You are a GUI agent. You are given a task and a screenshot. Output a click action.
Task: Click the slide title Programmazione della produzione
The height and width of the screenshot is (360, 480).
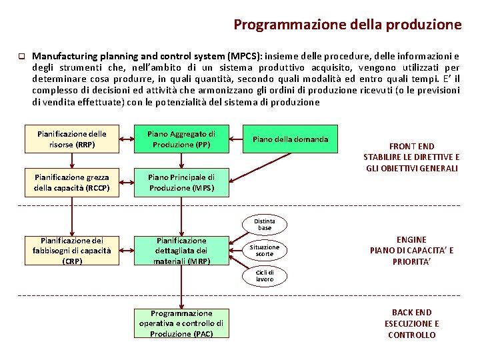(347, 25)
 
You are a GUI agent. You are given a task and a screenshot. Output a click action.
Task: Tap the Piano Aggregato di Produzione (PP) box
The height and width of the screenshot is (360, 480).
(181, 139)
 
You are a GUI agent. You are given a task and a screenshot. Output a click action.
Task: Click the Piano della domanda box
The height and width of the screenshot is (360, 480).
(290, 139)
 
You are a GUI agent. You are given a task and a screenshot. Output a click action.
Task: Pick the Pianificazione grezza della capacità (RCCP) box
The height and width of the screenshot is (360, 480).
(71, 183)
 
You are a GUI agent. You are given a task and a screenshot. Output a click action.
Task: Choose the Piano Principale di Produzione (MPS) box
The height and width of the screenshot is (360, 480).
(181, 183)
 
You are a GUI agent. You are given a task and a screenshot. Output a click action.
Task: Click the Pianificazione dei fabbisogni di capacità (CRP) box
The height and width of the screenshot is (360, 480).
(72, 251)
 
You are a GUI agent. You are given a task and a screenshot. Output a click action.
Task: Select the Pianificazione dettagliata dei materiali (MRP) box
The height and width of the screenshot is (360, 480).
(181, 251)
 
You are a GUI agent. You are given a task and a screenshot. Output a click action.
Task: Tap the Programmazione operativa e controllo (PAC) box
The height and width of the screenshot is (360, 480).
(181, 323)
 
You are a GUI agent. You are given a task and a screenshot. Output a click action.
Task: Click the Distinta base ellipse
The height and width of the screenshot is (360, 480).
(265, 224)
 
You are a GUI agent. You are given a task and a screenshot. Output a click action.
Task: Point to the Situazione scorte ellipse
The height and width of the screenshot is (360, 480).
(265, 250)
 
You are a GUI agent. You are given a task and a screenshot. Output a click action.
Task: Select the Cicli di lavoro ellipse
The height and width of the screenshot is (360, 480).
(265, 275)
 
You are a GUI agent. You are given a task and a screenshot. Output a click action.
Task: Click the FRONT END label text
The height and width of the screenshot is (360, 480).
(411, 147)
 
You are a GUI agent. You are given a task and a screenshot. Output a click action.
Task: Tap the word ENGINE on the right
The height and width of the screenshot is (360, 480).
(411, 239)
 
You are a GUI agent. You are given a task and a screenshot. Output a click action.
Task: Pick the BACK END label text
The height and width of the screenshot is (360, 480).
(411, 312)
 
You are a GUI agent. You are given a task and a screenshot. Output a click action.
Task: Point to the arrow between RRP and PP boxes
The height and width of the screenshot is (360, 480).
(126, 139)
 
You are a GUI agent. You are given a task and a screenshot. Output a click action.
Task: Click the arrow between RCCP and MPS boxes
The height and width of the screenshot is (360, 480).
(126, 183)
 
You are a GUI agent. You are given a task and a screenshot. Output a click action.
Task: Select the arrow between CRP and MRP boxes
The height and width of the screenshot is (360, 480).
(126, 251)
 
